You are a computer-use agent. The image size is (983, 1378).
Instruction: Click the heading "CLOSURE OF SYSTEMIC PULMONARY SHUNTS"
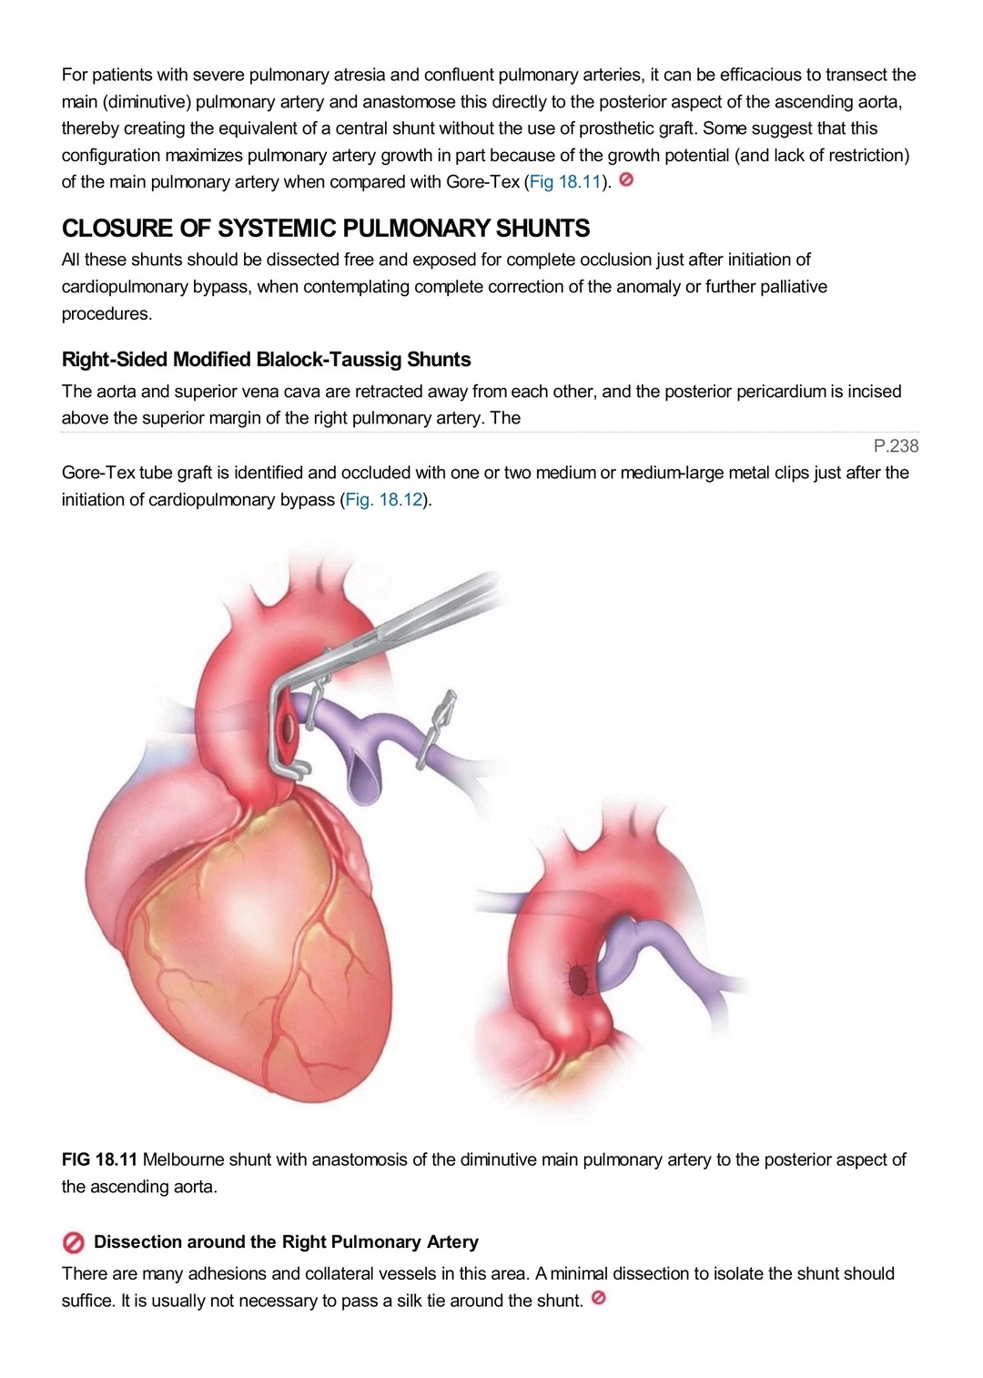[x=325, y=229]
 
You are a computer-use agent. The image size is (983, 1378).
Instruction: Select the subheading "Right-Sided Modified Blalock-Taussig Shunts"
[x=266, y=359]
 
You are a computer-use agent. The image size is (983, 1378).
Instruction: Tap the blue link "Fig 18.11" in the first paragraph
[x=564, y=182]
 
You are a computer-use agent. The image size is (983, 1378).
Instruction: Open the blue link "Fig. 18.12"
[x=384, y=499]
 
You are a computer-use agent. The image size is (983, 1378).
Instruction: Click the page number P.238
[x=896, y=446]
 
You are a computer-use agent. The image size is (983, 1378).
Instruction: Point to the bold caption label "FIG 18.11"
[x=99, y=1159]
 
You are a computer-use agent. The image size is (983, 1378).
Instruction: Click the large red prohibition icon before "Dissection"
[x=73, y=1242]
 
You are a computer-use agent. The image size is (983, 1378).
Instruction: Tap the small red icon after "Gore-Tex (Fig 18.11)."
[x=626, y=179]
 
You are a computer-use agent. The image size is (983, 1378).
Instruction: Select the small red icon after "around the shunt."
[x=598, y=1298]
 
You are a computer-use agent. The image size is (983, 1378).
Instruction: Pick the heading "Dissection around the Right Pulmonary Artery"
[x=286, y=1242]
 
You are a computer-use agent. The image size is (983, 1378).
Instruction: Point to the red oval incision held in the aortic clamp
[x=287, y=727]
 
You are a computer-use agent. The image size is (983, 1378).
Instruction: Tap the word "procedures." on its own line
[x=106, y=314]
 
